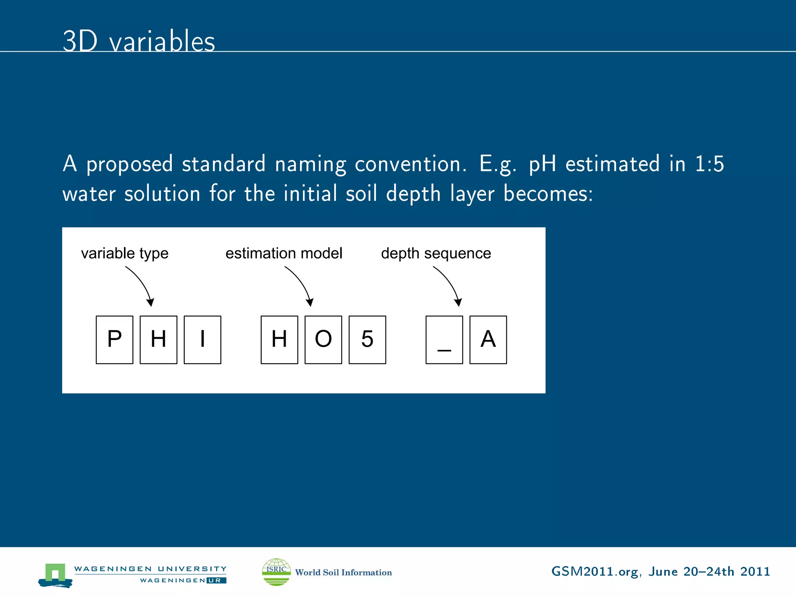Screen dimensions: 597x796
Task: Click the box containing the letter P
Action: coord(114,340)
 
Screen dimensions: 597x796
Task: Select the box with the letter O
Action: coord(323,340)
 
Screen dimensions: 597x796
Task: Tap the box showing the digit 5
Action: coord(367,340)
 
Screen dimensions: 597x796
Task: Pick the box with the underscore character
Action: coord(444,340)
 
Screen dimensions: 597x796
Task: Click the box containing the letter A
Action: coord(488,340)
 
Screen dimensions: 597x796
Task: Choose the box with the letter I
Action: coord(202,340)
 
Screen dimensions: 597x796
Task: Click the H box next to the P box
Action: coord(158,340)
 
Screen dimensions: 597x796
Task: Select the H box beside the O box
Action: coord(279,340)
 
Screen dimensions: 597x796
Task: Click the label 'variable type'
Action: coord(124,253)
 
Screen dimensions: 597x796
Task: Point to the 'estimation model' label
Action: coord(284,253)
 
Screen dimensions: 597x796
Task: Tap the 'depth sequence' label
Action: coord(436,253)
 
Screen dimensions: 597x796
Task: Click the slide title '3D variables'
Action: coord(139,41)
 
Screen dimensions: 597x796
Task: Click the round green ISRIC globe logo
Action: coord(276,572)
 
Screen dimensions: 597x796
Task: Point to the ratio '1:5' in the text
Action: coord(709,164)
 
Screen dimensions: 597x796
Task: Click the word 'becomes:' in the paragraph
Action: coord(548,193)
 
